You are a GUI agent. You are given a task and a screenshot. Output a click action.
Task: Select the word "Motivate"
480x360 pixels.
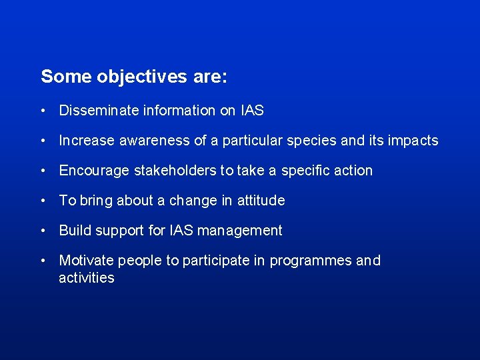(85, 261)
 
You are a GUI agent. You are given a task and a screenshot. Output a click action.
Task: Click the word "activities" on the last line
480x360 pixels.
(87, 278)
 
